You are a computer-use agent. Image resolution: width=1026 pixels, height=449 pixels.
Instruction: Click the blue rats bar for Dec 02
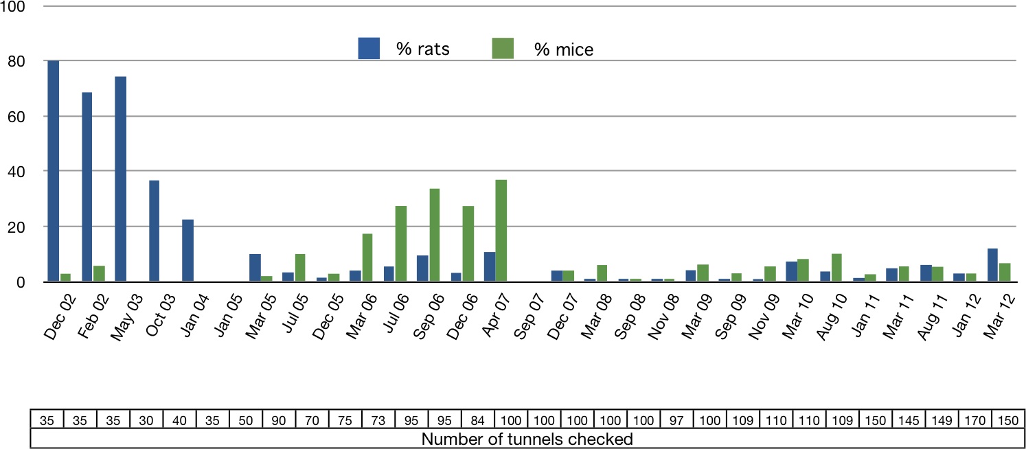click(53, 171)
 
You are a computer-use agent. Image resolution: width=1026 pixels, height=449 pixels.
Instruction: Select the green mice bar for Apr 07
click(501, 231)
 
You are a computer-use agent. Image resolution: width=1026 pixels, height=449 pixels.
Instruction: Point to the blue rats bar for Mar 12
click(992, 265)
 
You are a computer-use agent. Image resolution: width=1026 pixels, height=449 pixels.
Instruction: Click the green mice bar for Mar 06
click(367, 257)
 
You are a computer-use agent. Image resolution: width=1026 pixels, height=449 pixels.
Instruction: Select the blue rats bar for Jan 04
click(187, 251)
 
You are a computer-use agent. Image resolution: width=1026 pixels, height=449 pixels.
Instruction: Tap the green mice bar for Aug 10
click(836, 268)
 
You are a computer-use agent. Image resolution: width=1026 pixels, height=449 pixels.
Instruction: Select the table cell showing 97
click(676, 419)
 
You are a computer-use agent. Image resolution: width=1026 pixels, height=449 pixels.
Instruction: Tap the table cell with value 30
click(146, 419)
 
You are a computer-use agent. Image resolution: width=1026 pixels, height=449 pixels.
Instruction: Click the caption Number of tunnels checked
click(526, 438)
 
